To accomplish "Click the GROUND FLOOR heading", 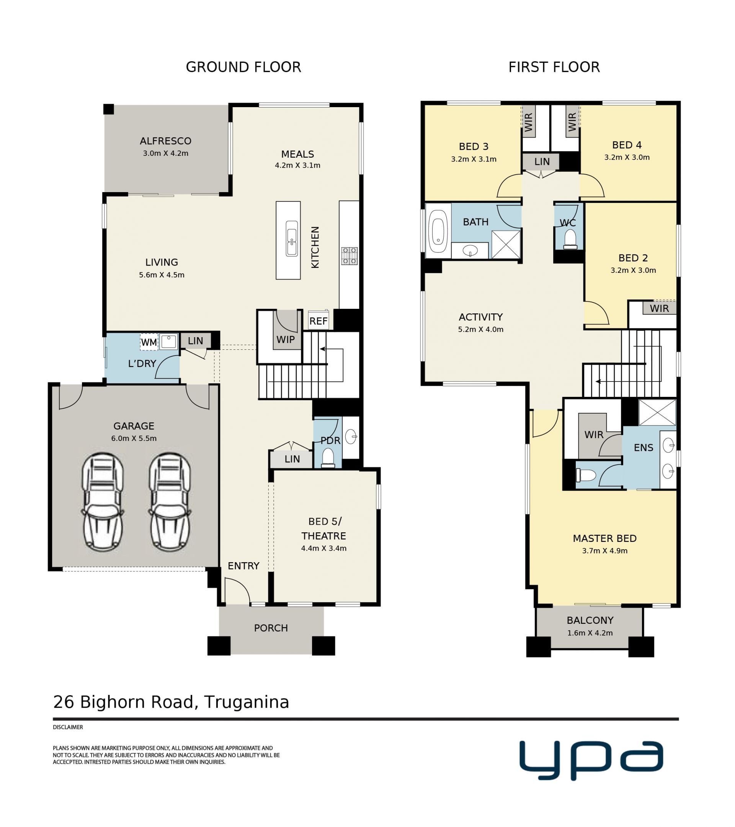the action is (243, 67).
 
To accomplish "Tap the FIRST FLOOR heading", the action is (554, 67).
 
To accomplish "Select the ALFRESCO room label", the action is (165, 141).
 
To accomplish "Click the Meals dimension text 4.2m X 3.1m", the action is (297, 165).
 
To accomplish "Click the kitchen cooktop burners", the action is (349, 256).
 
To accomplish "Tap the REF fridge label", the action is (318, 321).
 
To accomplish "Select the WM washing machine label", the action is (149, 342).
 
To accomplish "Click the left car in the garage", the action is (103, 502).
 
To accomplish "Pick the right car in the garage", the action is (170, 502).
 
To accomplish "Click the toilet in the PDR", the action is (328, 458).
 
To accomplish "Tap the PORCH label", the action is (271, 628).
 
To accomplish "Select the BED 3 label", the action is (474, 147).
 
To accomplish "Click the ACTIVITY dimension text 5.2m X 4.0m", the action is (481, 329).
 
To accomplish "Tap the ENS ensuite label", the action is (644, 447).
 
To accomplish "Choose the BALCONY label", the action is (590, 620).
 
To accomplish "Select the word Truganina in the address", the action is (247, 702).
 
